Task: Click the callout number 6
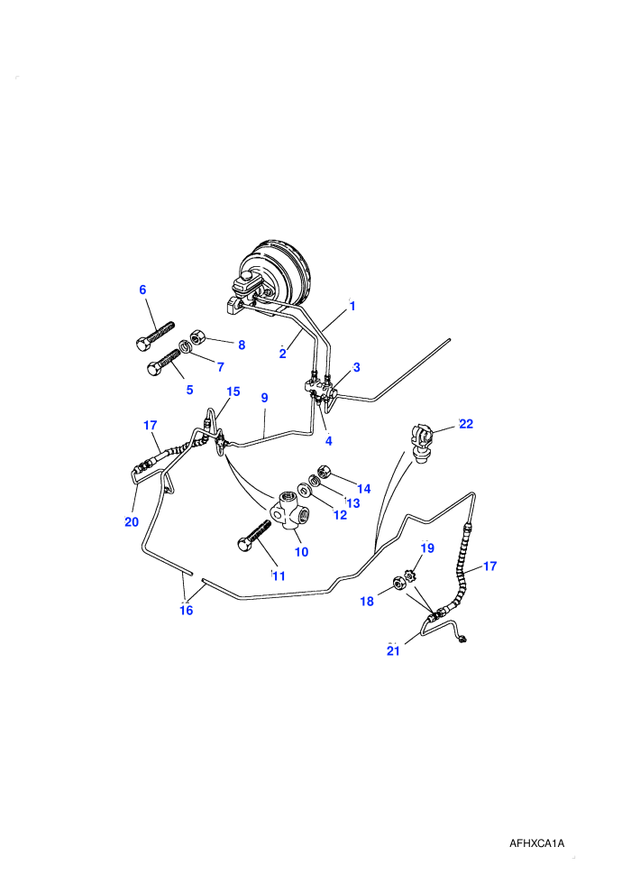(142, 290)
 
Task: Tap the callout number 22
(466, 424)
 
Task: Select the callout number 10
(302, 551)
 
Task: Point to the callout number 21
(394, 650)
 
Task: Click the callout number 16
(186, 611)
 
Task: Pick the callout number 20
(132, 521)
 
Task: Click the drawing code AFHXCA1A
(536, 843)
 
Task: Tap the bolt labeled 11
(254, 534)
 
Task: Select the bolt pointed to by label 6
(155, 336)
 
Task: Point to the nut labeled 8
(197, 336)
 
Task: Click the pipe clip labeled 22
(422, 443)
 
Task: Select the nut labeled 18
(398, 583)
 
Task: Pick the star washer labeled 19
(411, 575)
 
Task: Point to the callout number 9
(265, 398)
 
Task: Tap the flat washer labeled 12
(305, 490)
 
